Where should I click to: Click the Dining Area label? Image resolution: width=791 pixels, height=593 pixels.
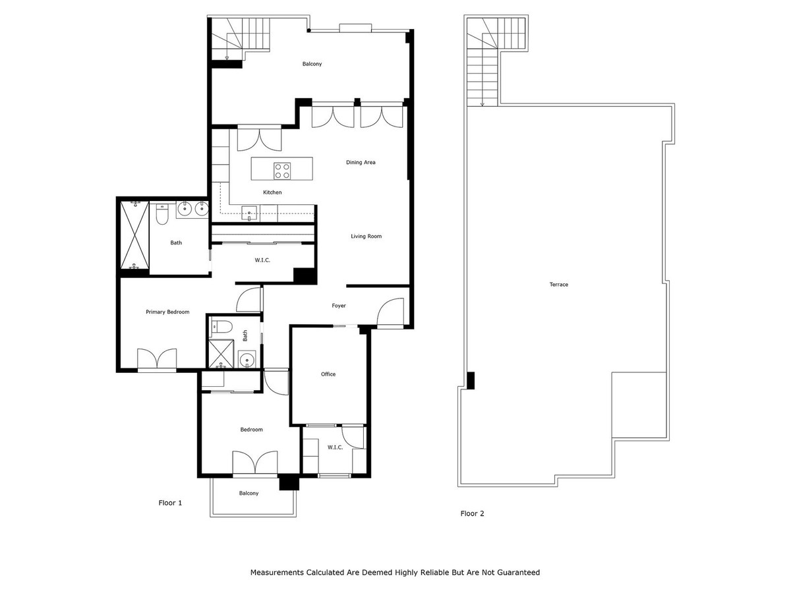[x=361, y=162]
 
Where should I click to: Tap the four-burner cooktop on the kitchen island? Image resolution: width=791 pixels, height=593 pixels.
[x=282, y=171]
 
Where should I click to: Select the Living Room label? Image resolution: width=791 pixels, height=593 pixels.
[x=366, y=236]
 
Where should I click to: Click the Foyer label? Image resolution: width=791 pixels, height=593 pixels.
[x=339, y=306]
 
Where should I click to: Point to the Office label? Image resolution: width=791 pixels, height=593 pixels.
[x=328, y=374]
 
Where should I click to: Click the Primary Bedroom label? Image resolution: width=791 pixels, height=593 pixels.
[x=167, y=312]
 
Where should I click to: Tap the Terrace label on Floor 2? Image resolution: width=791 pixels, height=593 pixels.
[x=558, y=285]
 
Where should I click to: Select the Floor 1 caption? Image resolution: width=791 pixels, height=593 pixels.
[x=170, y=503]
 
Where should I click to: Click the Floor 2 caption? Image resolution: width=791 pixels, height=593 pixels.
[x=472, y=513]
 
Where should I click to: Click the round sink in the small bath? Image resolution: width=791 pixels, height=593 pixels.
[x=247, y=360]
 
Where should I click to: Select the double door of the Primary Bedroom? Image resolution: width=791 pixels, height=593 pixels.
[x=157, y=360]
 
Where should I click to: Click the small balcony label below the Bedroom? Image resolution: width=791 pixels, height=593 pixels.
[x=249, y=493]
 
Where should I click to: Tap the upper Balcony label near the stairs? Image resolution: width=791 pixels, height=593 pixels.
[x=312, y=64]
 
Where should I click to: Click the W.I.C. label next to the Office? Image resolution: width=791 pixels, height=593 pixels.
[x=335, y=447]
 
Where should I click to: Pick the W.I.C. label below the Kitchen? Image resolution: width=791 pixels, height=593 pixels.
[x=262, y=260]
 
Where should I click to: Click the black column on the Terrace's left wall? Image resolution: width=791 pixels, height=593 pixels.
[x=471, y=380]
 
